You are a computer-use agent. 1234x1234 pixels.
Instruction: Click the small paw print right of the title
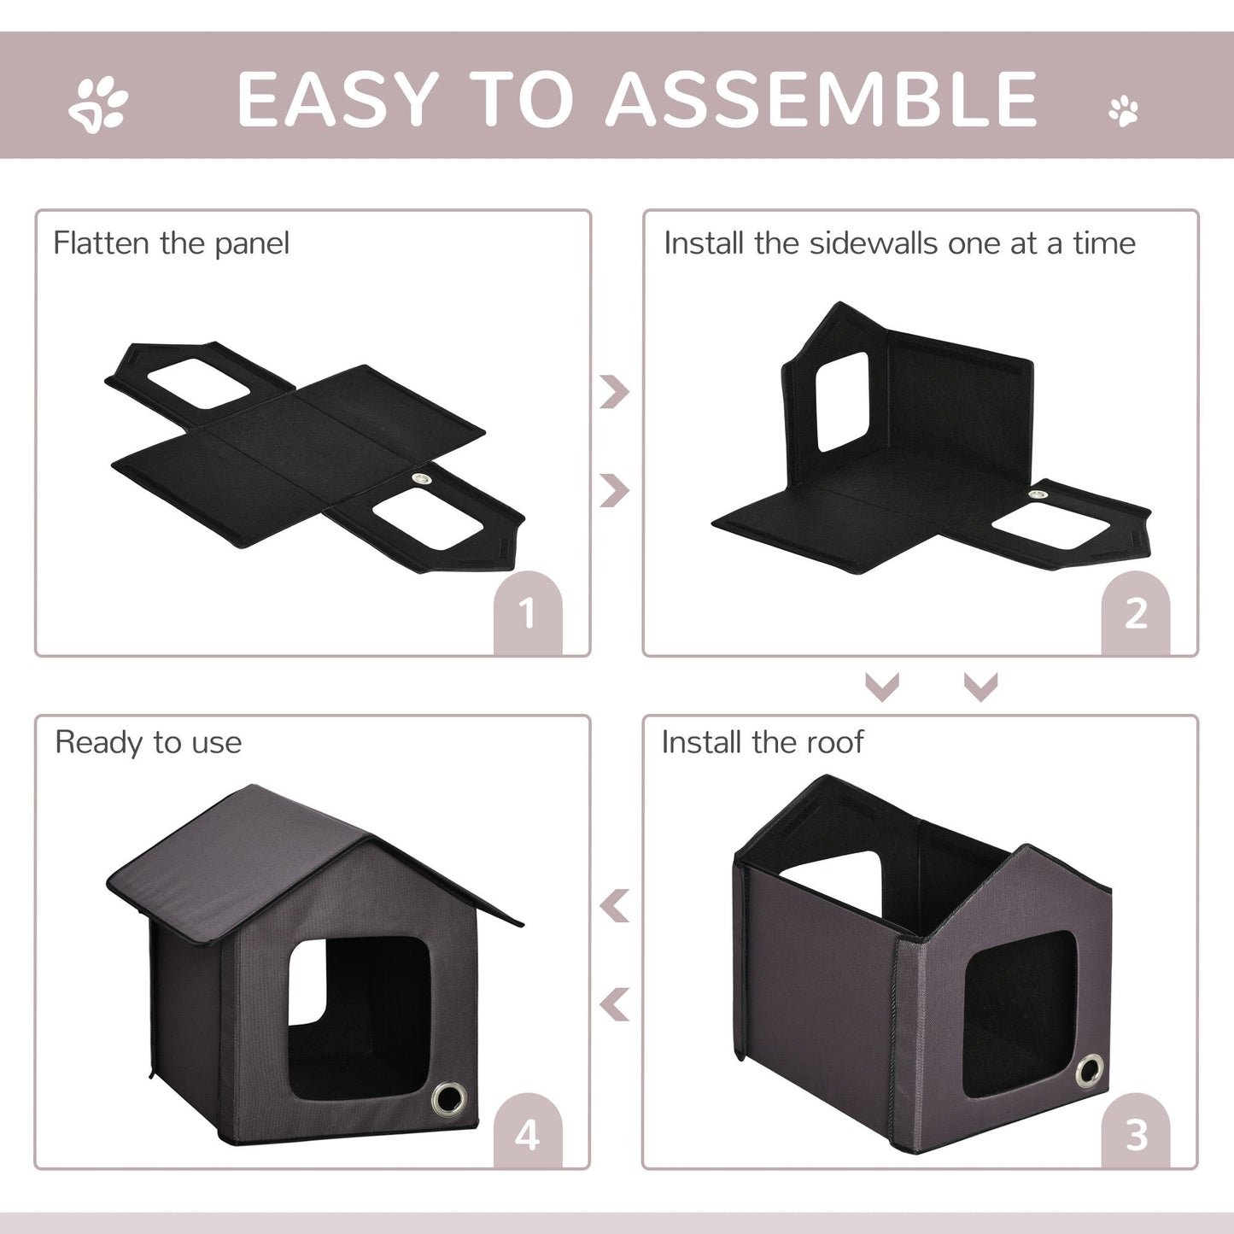coord(1124,111)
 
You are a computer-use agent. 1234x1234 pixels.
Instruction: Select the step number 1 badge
coord(527,613)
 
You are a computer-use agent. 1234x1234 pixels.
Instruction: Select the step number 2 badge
coord(1135,613)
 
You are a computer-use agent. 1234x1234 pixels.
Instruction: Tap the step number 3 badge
coord(1135,1135)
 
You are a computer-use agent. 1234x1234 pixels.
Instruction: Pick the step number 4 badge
coord(527,1135)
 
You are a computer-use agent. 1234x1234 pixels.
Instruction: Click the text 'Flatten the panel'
coord(171,243)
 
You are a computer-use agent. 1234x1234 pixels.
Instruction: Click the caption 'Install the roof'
coord(762,742)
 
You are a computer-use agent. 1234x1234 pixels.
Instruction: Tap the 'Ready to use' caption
coord(149,742)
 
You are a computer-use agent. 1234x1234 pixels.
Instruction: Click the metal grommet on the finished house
coord(446,1096)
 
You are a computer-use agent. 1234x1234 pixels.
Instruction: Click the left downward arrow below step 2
coord(882,686)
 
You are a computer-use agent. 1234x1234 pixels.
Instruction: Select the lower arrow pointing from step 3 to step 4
coord(615,1005)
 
